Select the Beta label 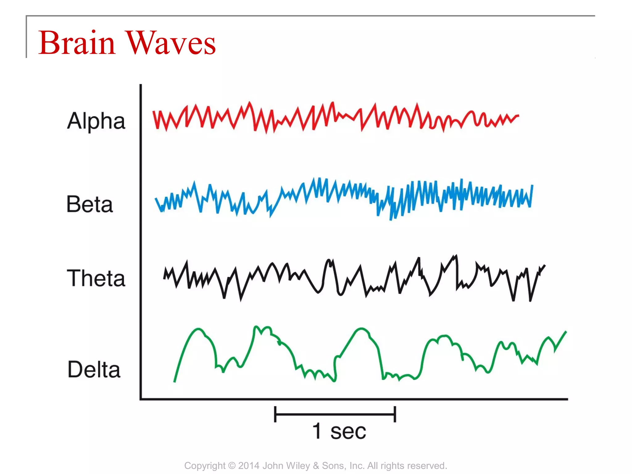[89, 204]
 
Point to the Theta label [96, 278]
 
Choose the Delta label [94, 369]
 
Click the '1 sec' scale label [339, 431]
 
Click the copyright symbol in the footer [231, 465]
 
